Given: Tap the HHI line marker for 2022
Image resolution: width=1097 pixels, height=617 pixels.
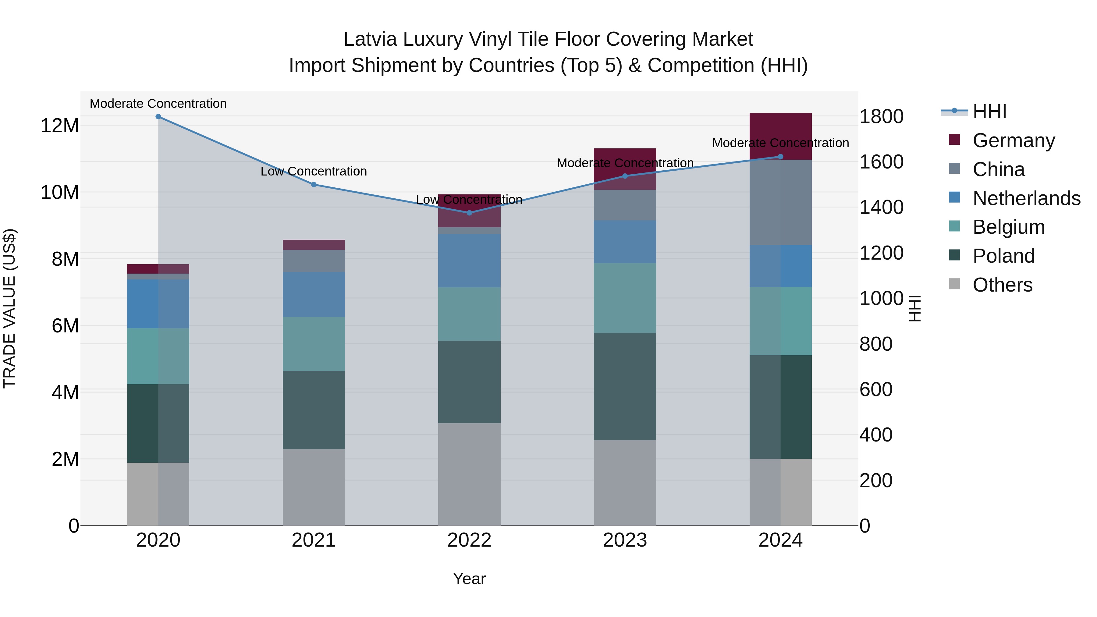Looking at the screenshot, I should pos(469,212).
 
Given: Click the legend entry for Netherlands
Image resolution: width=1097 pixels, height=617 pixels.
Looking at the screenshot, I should pos(1026,198).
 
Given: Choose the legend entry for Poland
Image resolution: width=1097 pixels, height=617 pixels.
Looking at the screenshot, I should pos(1003,256).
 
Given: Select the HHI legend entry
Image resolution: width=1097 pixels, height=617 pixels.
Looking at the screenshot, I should pos(989,112).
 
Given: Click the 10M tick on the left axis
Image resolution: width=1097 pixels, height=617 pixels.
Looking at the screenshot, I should pos(60,193).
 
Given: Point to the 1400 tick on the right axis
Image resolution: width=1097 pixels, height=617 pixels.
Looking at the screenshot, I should pos(881,207).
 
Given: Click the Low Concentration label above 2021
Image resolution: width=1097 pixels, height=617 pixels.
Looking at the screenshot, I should pos(314,171).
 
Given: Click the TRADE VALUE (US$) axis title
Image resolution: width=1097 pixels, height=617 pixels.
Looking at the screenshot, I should pos(9,308).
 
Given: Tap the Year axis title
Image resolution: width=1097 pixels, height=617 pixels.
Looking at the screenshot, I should pos(469,579).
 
